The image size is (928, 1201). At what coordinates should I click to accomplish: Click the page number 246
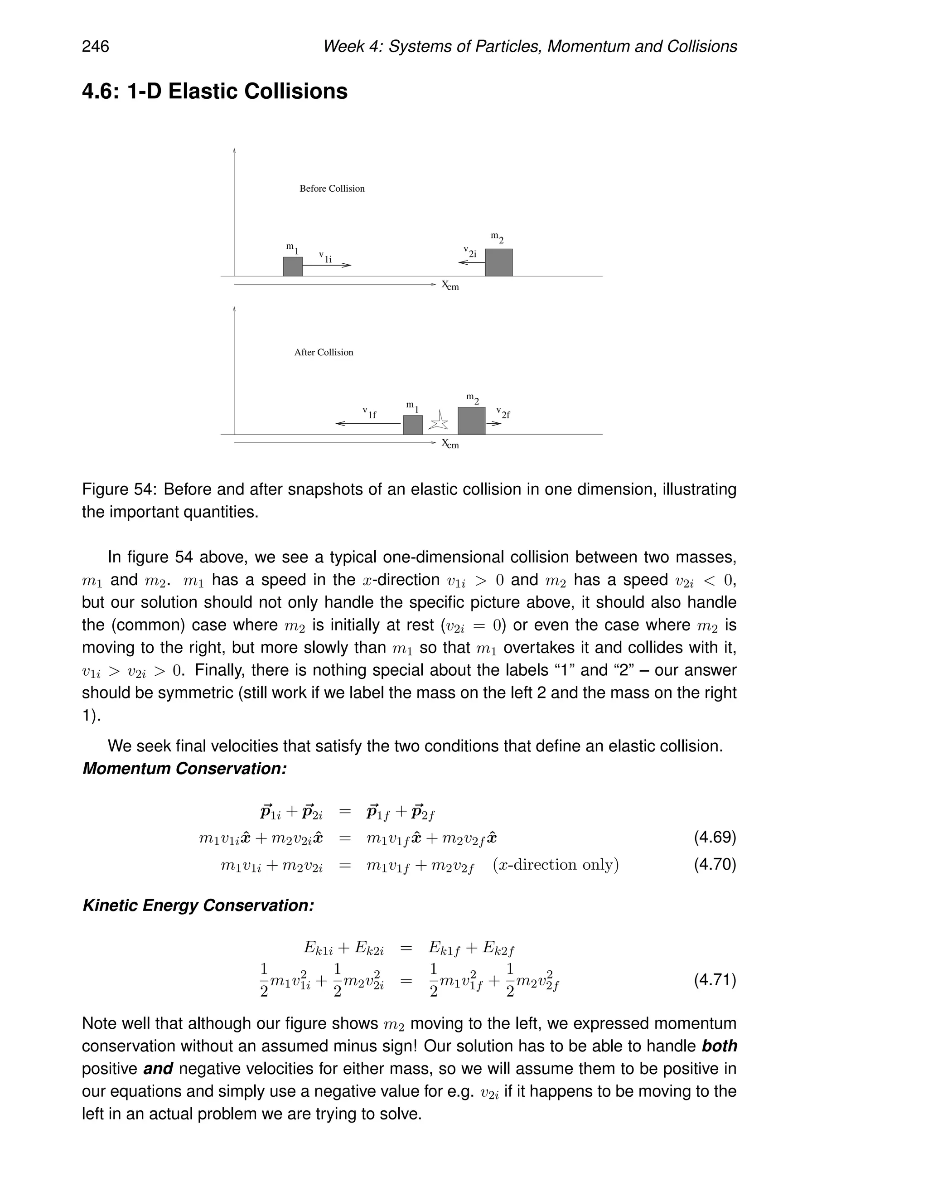96,47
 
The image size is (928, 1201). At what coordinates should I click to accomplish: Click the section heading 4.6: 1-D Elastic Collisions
214,91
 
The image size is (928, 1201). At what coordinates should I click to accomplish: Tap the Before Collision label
332,189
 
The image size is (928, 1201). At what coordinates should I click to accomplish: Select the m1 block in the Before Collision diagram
292,266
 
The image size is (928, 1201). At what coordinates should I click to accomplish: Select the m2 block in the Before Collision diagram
498,262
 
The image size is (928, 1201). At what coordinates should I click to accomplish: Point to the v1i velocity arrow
327,265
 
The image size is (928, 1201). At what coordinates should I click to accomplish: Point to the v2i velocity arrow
471,263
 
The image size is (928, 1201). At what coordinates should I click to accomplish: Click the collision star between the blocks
439,422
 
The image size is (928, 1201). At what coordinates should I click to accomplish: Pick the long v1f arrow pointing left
368,423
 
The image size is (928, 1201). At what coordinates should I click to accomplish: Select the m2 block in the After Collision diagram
471,421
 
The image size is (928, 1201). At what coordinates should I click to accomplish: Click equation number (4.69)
714,838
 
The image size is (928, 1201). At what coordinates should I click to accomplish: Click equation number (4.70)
714,864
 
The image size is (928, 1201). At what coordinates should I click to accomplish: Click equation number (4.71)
714,979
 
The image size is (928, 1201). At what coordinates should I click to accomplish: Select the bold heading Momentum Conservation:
185,769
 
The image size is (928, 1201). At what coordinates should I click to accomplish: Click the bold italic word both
719,1046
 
